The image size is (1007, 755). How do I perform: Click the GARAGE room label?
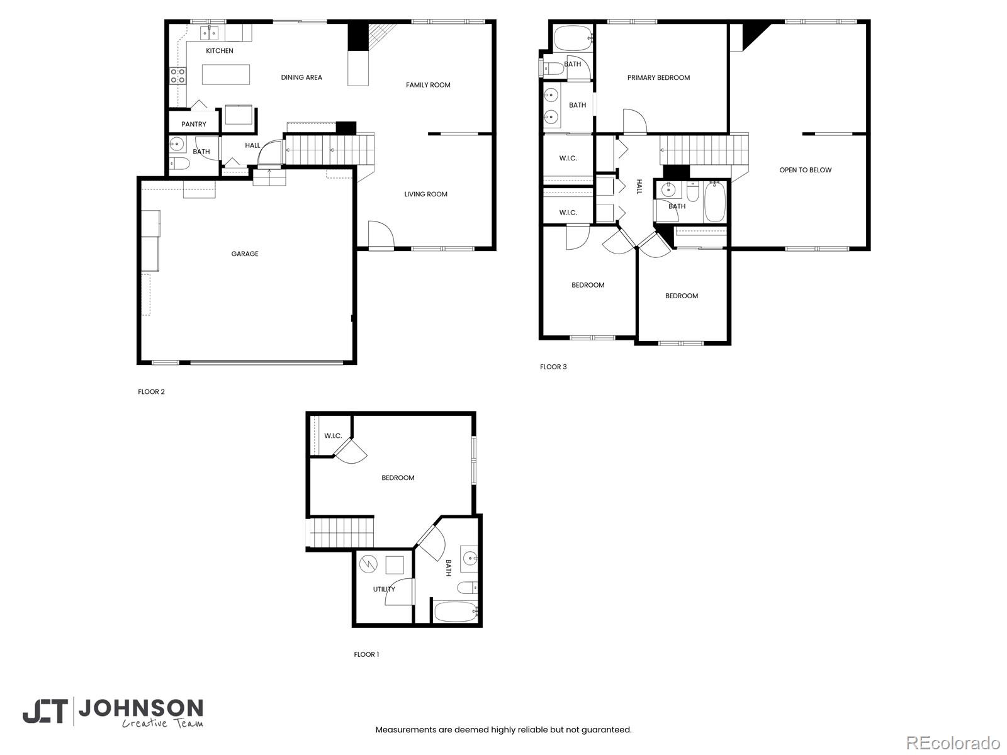(245, 254)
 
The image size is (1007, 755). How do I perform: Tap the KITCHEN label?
(219, 51)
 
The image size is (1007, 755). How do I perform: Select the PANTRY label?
(194, 124)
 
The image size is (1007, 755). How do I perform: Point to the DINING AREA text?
(301, 77)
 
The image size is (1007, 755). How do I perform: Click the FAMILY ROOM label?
(428, 85)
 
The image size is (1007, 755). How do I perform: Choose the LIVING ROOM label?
(425, 194)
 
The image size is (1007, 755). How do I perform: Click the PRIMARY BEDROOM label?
(658, 78)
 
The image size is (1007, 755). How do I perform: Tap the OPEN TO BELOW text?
(805, 170)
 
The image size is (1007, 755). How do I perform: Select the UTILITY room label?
(383, 590)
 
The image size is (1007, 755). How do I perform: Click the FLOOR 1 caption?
(366, 654)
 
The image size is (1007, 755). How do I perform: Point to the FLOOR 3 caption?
(553, 367)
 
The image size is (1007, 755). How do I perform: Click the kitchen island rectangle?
(226, 75)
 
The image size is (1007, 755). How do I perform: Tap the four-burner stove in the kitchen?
(178, 75)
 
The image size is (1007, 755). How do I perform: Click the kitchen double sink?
(209, 33)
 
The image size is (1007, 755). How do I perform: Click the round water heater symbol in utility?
(368, 564)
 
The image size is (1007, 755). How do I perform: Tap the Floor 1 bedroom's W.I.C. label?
(333, 436)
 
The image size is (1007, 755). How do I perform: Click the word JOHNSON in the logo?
(141, 709)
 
